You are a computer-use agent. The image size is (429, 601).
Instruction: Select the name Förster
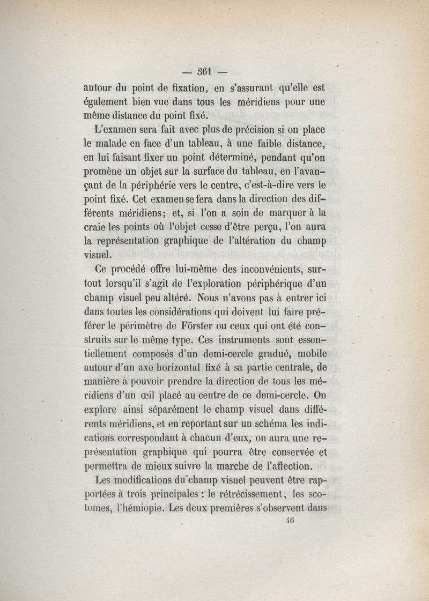tap(198, 326)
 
